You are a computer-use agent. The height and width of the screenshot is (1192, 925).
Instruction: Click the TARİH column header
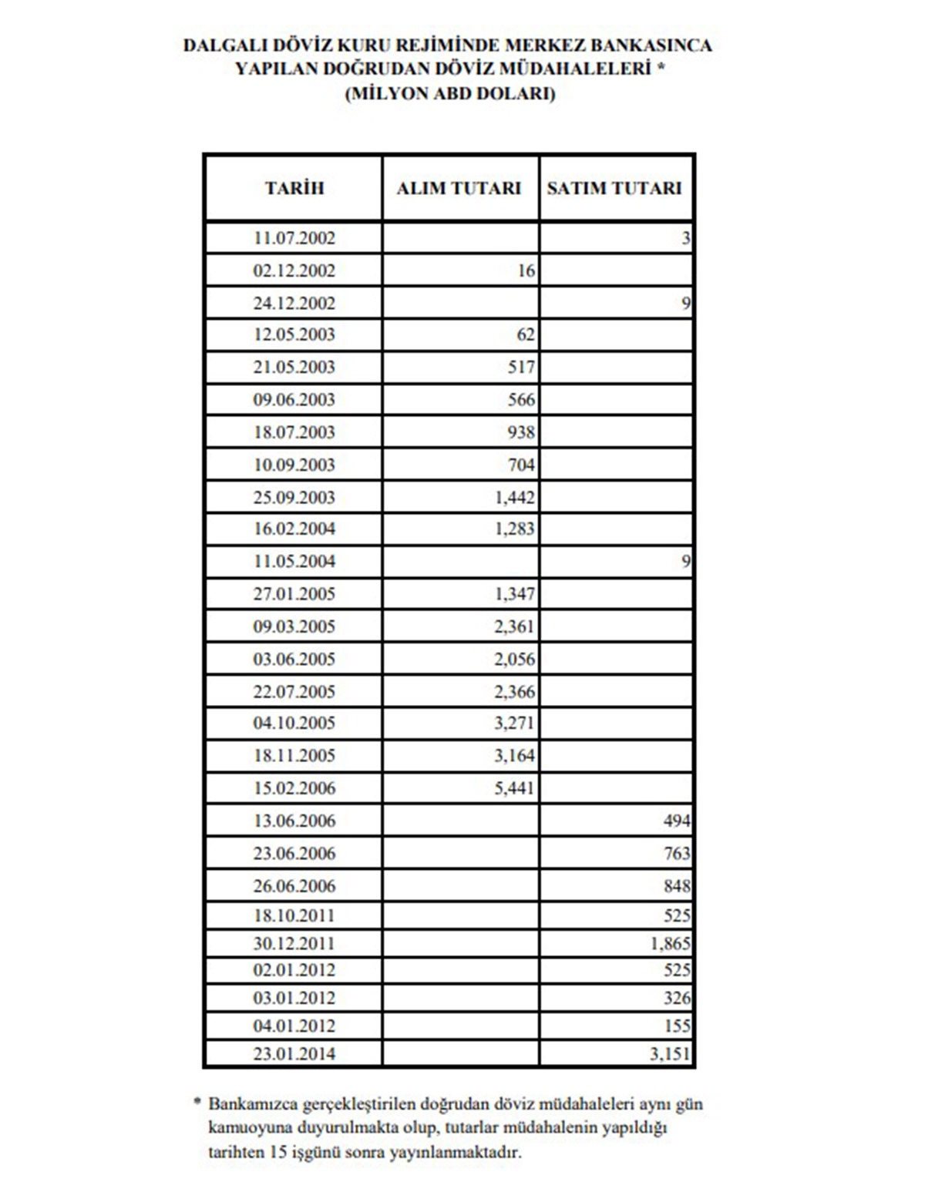[x=294, y=188]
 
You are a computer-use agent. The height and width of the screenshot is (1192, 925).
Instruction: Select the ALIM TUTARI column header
[x=459, y=188]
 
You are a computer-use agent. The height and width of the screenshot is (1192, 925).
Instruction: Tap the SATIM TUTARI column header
[x=614, y=188]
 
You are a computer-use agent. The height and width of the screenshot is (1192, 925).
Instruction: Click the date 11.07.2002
[x=294, y=238]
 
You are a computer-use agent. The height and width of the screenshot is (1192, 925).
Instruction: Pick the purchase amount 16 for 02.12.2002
[x=526, y=270]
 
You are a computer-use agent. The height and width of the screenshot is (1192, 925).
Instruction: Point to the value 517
[x=521, y=367]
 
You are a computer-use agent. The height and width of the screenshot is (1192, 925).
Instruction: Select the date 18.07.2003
[x=294, y=432]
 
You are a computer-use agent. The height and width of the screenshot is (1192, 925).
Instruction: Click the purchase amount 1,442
[x=514, y=497]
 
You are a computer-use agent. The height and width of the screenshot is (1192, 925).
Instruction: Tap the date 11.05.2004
[x=294, y=562]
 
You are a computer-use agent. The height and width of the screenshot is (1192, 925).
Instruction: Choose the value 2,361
[x=514, y=626]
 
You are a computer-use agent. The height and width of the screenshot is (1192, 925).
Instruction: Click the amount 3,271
[x=514, y=723]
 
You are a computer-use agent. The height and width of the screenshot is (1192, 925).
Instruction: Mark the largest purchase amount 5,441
[x=514, y=787]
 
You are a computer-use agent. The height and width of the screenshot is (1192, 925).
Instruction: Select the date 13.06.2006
[x=294, y=821]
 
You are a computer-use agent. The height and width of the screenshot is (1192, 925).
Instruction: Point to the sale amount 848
[x=677, y=886]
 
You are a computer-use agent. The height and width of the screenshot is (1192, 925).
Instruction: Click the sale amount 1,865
[x=670, y=943]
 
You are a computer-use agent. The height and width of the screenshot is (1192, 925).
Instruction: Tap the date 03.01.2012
[x=294, y=999]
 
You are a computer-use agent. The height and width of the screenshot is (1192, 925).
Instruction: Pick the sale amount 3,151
[x=670, y=1053]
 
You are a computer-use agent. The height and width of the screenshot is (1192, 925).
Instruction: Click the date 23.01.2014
[x=294, y=1053]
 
